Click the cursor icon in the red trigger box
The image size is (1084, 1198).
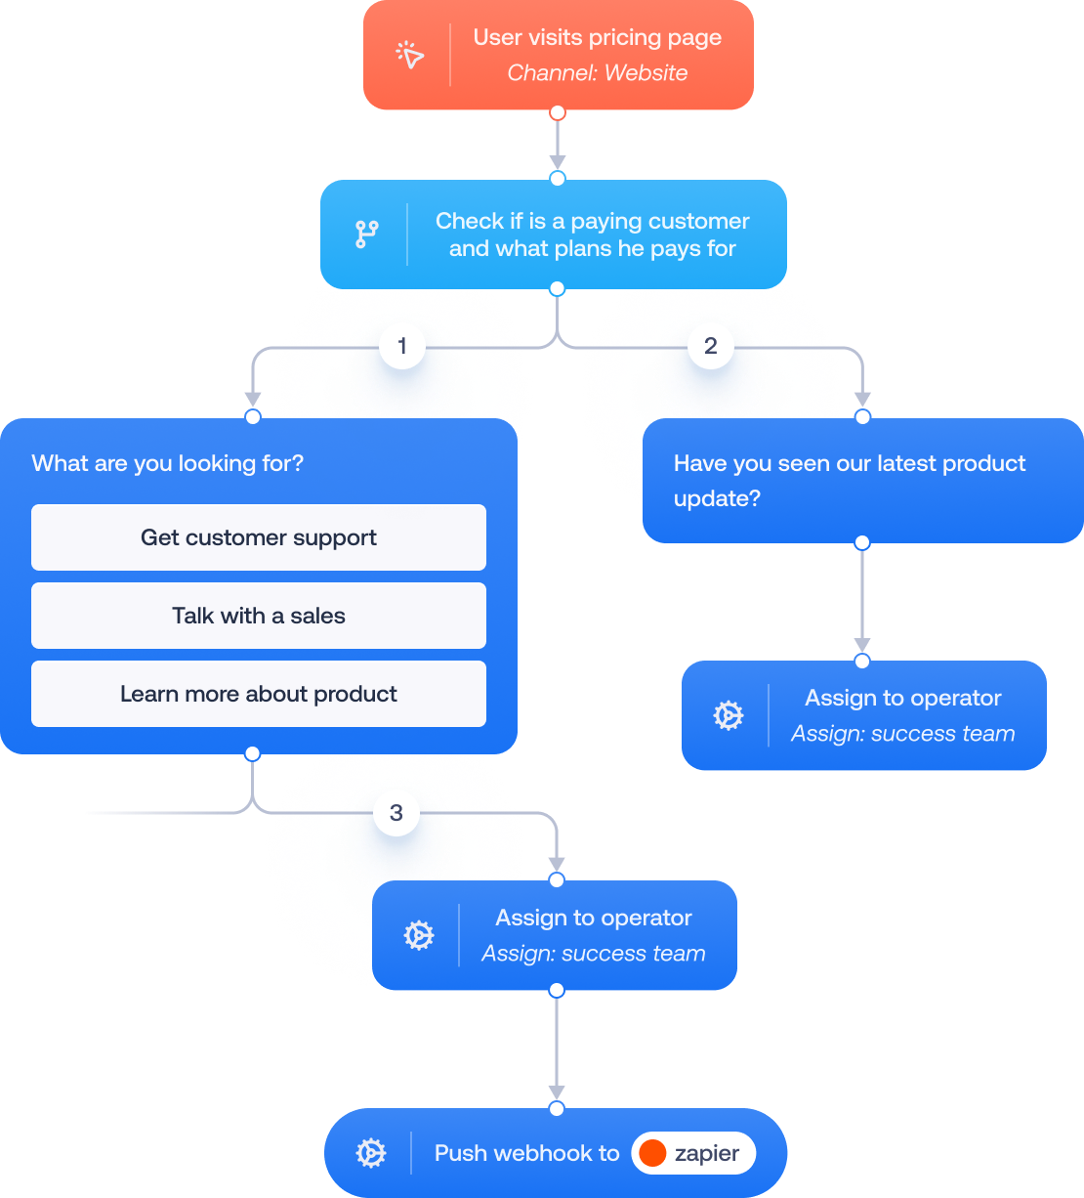(410, 55)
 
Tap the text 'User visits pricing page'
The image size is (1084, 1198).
(597, 38)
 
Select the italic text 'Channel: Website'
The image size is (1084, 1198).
(597, 73)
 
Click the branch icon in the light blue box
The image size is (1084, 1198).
(366, 234)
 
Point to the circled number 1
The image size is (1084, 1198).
(401, 346)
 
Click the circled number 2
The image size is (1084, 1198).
(710, 346)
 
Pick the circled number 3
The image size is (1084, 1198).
(396, 813)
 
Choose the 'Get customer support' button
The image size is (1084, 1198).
(259, 537)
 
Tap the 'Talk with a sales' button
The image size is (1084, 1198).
(259, 616)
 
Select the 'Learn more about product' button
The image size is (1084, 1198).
(259, 694)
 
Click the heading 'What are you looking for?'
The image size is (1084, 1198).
(168, 463)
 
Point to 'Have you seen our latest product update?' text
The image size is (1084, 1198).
(850, 480)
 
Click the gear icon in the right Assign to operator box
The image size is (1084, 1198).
(728, 715)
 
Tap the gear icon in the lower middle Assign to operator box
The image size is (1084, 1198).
(418, 935)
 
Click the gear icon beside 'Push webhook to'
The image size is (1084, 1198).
(371, 1153)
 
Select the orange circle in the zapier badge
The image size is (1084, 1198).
(652, 1153)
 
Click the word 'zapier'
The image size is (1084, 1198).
(706, 1153)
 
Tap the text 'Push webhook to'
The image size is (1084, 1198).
(526, 1153)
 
